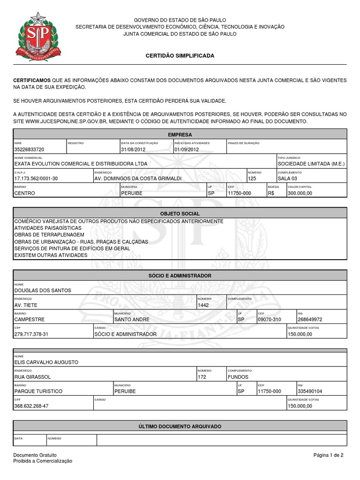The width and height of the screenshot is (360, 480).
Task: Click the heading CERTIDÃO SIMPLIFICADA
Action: [180, 56]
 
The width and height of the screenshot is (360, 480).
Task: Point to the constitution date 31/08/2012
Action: [134, 150]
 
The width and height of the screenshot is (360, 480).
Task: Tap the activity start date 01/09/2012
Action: [187, 150]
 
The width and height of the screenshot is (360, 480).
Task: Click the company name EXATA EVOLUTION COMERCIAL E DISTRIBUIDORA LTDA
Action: [81, 164]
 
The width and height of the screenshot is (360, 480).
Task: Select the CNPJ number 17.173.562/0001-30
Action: [36, 179]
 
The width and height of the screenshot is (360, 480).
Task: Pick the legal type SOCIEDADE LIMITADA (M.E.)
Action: [311, 164]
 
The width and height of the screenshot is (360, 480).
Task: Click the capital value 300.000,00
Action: [300, 193]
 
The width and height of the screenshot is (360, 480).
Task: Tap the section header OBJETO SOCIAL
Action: [180, 213]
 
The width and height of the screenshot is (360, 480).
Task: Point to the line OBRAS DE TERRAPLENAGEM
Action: [49, 234]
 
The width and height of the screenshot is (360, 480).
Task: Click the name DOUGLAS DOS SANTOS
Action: [43, 291]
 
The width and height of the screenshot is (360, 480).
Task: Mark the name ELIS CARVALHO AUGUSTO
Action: [46, 362]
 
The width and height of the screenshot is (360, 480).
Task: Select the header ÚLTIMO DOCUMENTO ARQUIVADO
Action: [180, 427]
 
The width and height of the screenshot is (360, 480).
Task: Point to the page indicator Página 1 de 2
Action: [329, 455]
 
